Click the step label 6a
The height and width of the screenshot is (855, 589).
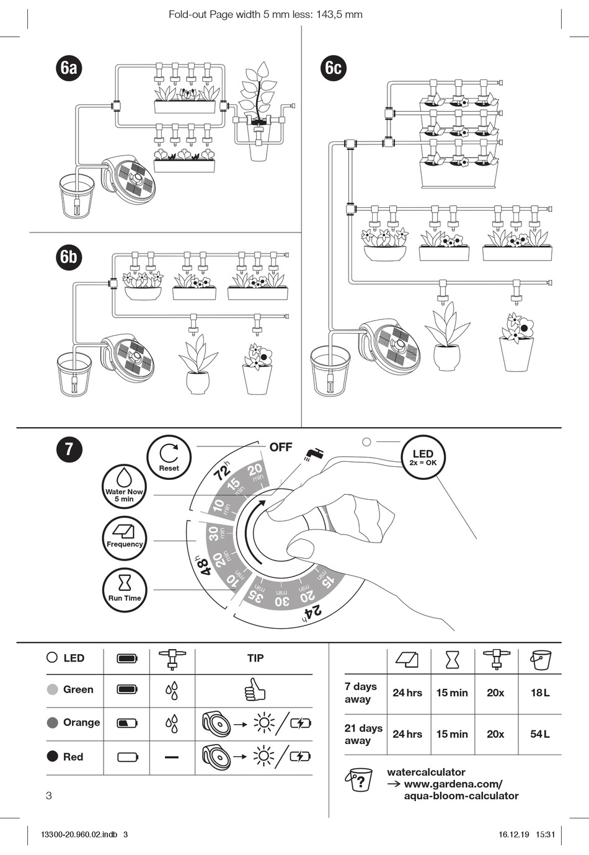69,67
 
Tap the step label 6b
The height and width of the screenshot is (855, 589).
69,256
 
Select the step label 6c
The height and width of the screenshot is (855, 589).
334,67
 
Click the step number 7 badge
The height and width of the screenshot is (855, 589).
69,448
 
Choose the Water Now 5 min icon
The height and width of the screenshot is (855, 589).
124,487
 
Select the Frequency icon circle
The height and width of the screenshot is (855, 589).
125,537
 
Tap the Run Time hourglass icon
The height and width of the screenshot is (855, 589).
125,590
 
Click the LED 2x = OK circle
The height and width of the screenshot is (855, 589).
423,458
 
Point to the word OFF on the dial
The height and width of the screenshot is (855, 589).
281,447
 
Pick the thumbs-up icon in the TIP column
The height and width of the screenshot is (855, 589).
254,689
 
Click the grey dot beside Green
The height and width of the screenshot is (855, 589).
53,689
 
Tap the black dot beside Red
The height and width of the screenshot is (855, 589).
53,756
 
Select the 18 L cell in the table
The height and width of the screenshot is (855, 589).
539,693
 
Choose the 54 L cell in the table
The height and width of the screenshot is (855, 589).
539,734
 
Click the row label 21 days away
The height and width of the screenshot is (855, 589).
363,734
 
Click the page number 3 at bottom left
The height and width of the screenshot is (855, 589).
50,796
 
